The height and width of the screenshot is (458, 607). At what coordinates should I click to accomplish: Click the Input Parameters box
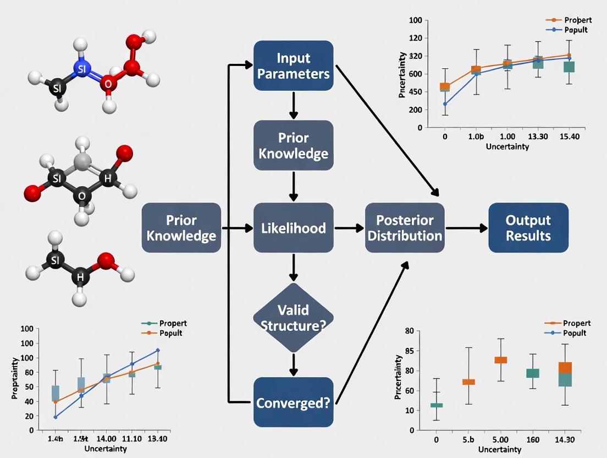293,66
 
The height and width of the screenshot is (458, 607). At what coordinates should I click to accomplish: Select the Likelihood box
293,227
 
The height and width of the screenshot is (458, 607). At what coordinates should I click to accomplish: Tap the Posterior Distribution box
405,227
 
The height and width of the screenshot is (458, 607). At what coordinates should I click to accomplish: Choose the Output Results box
528,227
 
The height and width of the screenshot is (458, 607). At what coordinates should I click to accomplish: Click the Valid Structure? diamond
293,317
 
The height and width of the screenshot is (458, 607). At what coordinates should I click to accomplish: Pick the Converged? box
293,402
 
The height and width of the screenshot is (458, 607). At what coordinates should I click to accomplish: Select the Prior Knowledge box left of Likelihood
181,227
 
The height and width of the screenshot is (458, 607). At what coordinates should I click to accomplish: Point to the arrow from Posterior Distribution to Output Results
466,227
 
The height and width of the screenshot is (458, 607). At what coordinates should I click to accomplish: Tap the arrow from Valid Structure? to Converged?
293,364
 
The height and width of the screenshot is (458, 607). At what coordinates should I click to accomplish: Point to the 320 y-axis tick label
415,56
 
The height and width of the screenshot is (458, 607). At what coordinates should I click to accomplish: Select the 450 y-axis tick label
415,91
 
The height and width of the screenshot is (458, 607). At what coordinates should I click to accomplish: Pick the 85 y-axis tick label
408,351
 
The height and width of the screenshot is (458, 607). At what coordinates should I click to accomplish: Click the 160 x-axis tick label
532,439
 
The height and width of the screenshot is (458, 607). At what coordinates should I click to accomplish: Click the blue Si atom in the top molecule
81,68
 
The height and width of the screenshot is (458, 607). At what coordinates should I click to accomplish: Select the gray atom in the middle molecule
82,162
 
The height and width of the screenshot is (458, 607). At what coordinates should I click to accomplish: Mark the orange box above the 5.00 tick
500,360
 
